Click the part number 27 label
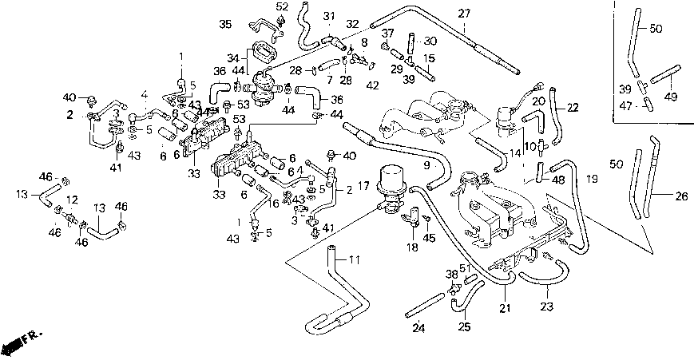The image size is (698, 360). (464, 14)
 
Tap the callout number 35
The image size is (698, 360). (225, 24)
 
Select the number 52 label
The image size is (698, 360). (282, 6)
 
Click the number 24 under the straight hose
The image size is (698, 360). (418, 328)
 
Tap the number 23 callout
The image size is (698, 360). (546, 307)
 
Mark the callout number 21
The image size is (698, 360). (505, 307)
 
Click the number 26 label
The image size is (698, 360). (681, 196)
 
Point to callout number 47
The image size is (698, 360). (626, 105)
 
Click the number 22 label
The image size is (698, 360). (573, 107)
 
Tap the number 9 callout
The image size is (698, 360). (426, 165)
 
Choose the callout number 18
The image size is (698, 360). (413, 247)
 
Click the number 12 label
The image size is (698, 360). (73, 200)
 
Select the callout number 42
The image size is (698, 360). (372, 86)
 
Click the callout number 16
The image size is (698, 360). (274, 204)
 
